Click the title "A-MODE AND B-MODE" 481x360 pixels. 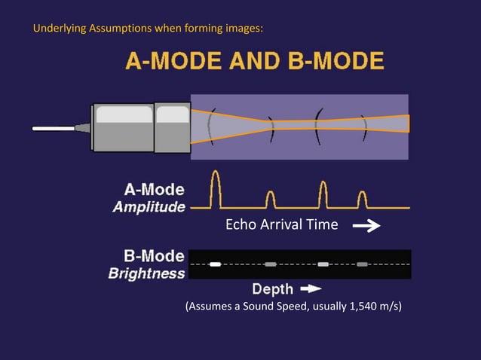(253, 60)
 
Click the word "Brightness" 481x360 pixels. (146, 273)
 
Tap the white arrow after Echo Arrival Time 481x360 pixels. (366, 225)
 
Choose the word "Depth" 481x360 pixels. (273, 288)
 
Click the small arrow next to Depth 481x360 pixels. (311, 288)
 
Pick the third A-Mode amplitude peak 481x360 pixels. (323, 194)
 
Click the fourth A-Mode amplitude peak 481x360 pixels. (362, 200)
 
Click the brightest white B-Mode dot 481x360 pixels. (216, 264)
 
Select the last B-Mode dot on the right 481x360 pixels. (362, 264)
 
